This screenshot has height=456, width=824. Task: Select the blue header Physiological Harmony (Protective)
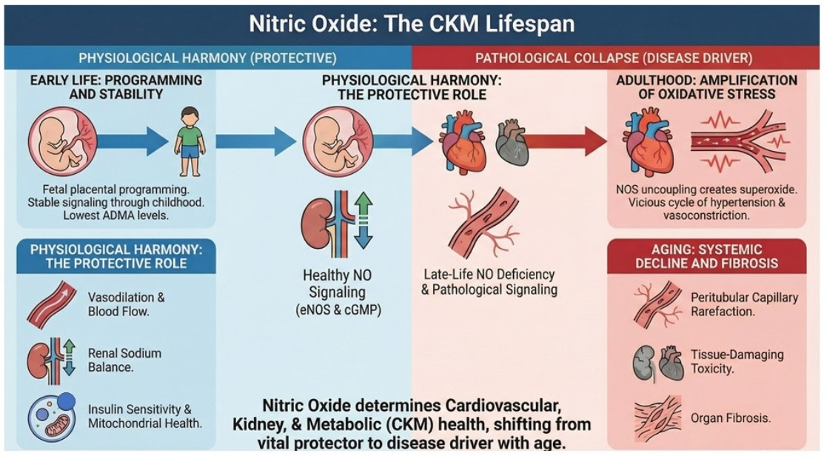(207, 58)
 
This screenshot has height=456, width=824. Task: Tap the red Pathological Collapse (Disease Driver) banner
(614, 58)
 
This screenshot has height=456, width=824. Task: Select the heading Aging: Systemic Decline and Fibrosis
(703, 257)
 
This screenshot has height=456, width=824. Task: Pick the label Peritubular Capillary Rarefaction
(744, 304)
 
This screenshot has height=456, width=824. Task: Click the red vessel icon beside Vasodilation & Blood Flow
(53, 304)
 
